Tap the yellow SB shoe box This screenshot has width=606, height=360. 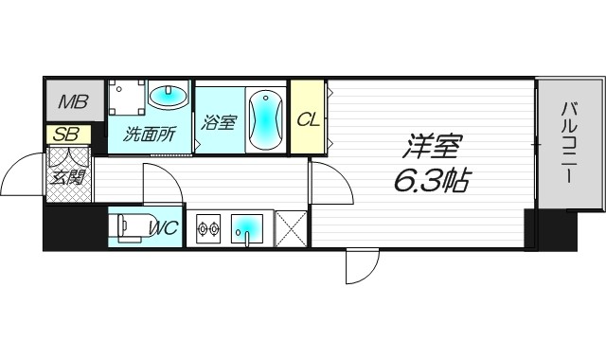click(64, 135)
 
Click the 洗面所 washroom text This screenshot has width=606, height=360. click(150, 134)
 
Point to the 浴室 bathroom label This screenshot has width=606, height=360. click(218, 121)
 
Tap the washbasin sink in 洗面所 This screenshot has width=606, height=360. click(169, 96)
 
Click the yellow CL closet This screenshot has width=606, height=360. click(307, 118)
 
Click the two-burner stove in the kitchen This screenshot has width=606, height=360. click(207, 228)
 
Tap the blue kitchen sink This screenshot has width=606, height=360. click(248, 227)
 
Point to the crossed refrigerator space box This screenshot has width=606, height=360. click(290, 228)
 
